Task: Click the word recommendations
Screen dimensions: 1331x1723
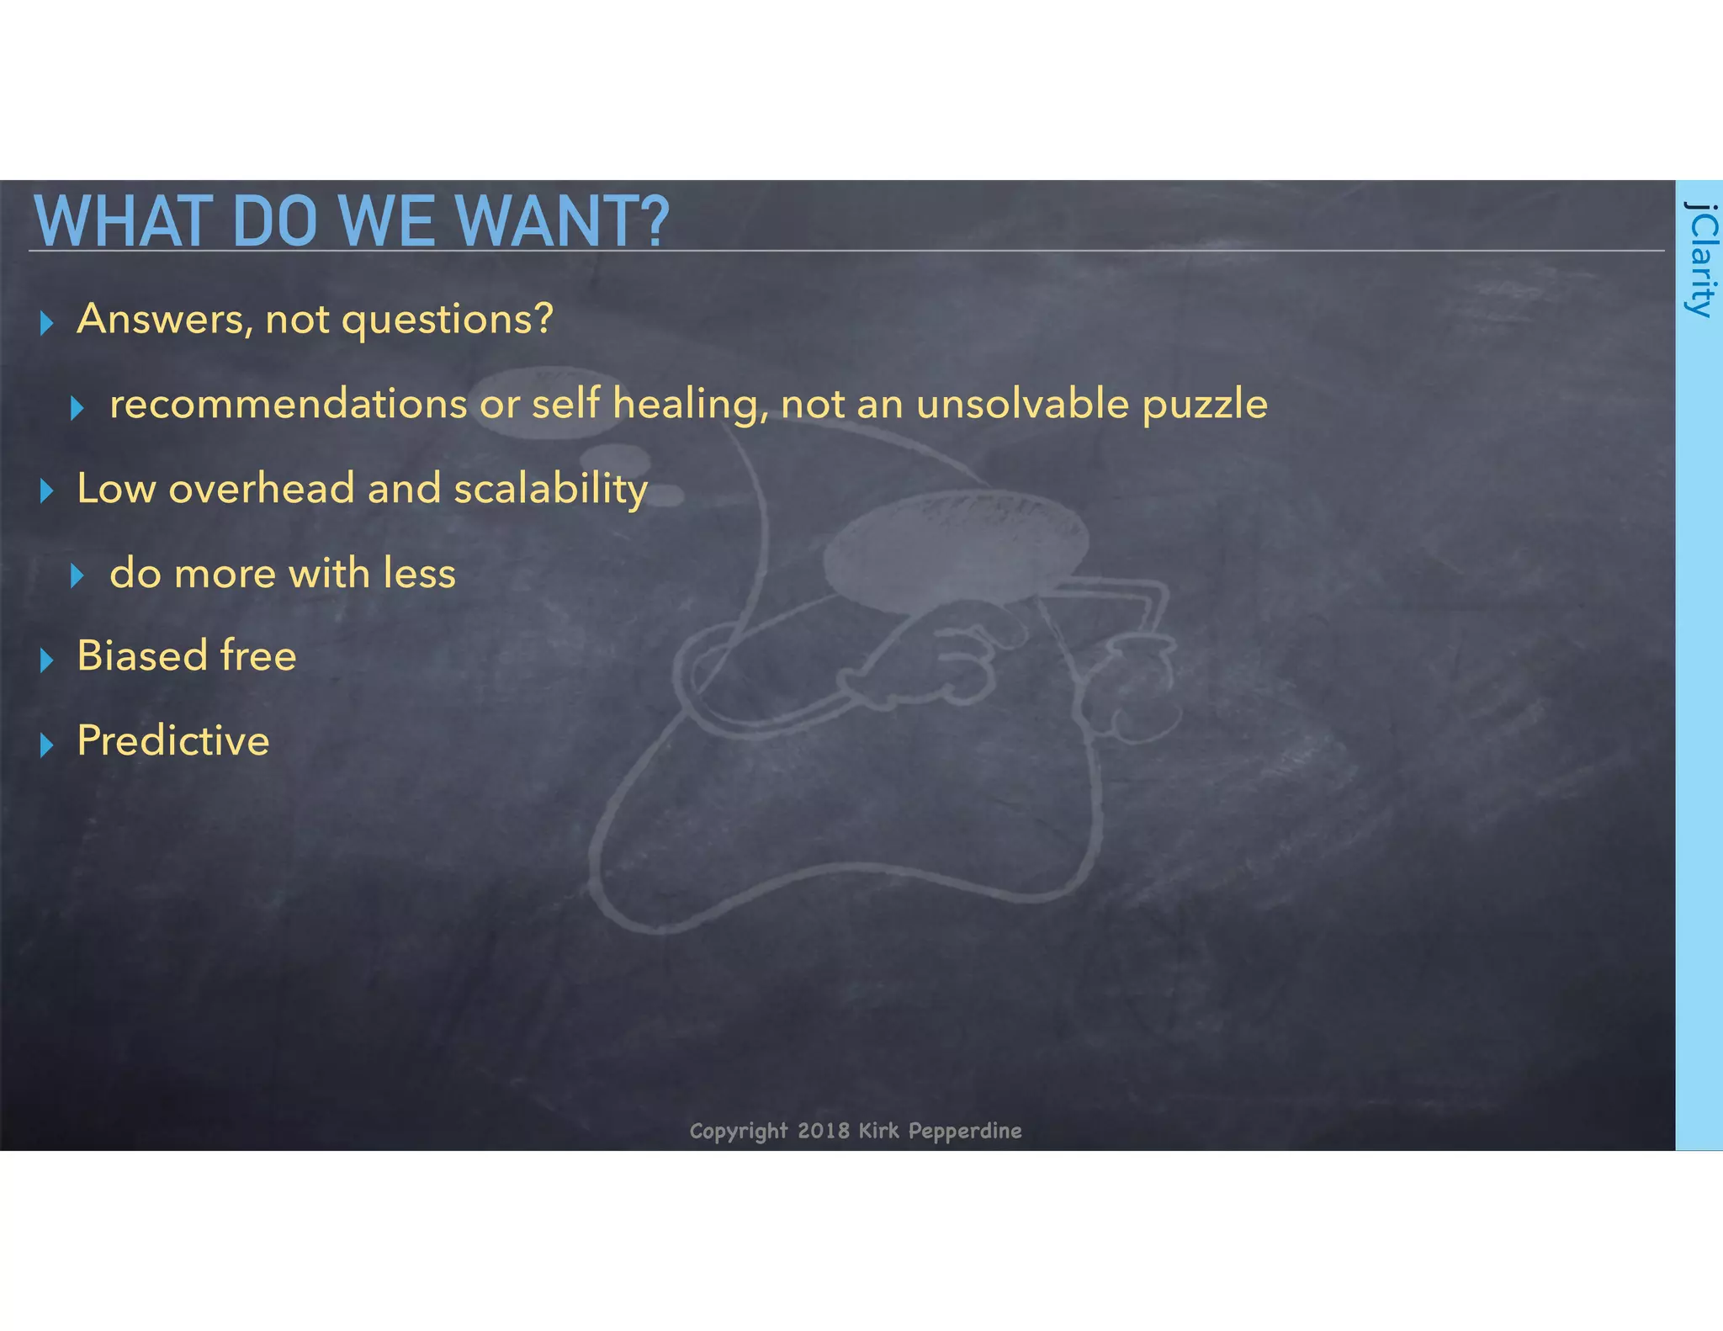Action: [288, 405]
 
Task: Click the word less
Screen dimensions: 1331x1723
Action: [419, 574]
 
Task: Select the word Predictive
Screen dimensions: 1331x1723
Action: [173, 741]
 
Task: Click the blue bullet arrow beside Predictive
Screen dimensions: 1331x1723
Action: [47, 745]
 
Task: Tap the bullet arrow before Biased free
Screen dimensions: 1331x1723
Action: [47, 660]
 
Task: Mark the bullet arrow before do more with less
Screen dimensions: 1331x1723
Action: [77, 576]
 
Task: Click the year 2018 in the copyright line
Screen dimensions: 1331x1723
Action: [823, 1130]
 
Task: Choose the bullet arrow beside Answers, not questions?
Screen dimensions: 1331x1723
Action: [47, 323]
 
